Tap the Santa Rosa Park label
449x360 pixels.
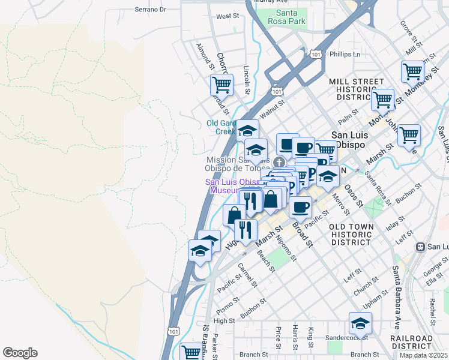click(291, 17)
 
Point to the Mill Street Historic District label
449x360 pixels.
click(356, 89)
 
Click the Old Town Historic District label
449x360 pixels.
click(351, 234)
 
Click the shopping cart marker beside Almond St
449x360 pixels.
click(221, 85)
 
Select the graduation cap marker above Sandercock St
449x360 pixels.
click(360, 323)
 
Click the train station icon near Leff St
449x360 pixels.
click(421, 247)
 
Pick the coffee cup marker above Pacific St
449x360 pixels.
click(301, 207)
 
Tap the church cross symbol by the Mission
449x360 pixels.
click(279, 162)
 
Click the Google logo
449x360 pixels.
click(20, 353)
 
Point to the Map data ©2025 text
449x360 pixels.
click(423, 355)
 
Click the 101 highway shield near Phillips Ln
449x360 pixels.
click(316, 55)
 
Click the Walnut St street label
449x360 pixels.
click(271, 109)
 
